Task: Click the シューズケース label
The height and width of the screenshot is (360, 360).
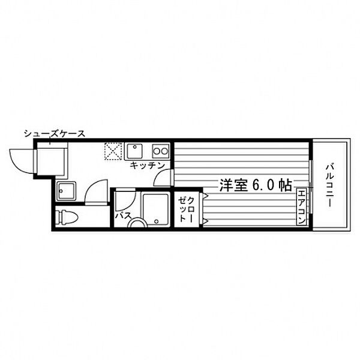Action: point(55,133)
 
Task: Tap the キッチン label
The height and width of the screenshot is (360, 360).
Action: point(148,166)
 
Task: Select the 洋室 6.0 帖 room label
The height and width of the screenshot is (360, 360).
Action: point(256,185)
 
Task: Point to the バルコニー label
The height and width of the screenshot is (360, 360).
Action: point(329,185)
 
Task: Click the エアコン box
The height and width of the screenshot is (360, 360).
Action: point(301,207)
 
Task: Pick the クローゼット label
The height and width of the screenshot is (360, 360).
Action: point(187,209)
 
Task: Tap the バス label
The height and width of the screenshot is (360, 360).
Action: point(123,215)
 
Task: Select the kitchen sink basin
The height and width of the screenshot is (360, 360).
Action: point(134,151)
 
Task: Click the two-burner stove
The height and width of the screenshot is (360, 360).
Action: point(161,151)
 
